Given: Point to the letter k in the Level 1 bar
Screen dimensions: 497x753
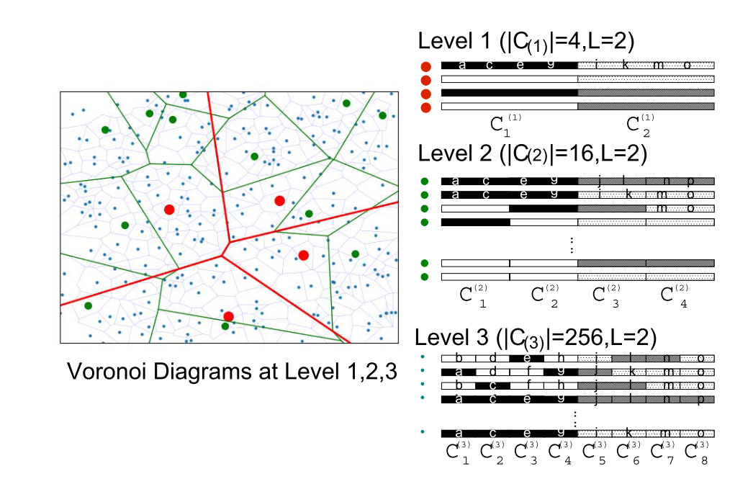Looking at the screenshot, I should point(625,65).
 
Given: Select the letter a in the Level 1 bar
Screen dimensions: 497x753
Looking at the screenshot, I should point(461,65).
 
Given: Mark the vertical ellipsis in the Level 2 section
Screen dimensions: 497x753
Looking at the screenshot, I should point(570,244).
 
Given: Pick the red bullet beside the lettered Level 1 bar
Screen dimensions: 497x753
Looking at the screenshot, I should point(425,66).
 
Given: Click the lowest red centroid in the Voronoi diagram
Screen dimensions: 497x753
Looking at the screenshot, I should point(228,316).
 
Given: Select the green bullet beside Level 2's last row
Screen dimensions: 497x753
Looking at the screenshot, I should point(425,277).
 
